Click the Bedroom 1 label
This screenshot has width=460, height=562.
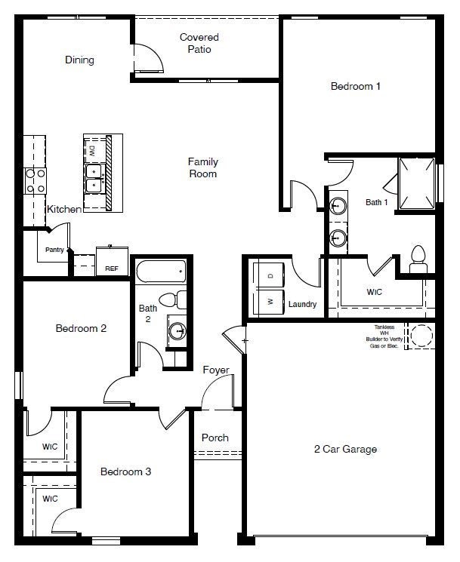coord(355,86)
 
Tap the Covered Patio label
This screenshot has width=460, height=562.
coord(199,43)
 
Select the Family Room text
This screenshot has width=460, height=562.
coord(202,167)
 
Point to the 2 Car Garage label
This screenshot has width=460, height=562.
coord(345,449)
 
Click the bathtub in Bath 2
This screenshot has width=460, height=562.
coord(160,271)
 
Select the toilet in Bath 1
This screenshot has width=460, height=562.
coord(418,259)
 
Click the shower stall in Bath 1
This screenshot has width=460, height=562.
coord(416,182)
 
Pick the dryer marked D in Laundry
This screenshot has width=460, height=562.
coord(270,275)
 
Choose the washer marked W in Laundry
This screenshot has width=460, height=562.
coord(270,302)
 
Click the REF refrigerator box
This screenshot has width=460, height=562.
coord(111,261)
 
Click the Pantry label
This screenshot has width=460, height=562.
coord(54,249)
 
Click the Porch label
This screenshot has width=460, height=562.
coord(215,438)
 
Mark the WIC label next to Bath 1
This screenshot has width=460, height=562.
coord(374,291)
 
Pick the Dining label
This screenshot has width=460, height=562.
coord(79,60)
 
